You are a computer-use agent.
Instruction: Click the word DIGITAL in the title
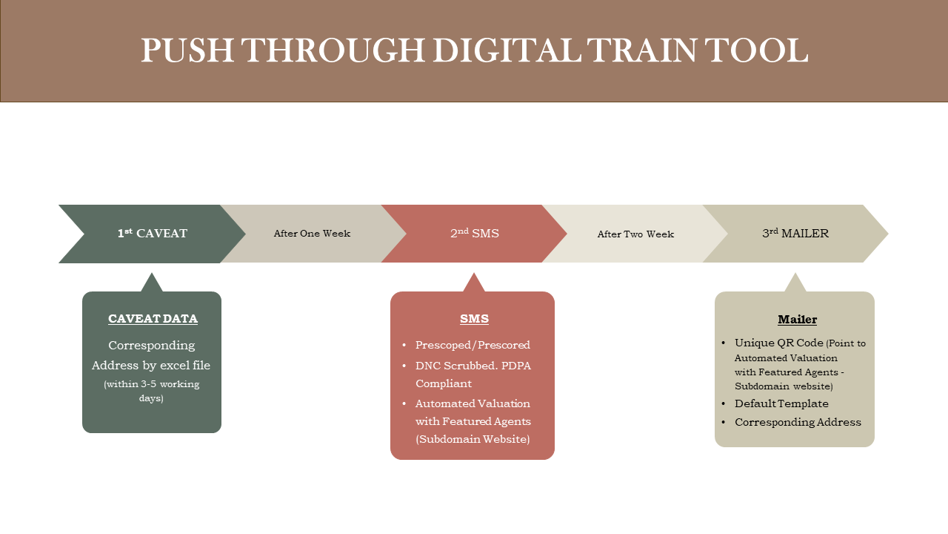pyautogui.click(x=507, y=50)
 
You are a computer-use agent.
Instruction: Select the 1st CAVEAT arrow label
pyautogui.click(x=153, y=233)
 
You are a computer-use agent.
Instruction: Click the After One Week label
pyautogui.click(x=312, y=234)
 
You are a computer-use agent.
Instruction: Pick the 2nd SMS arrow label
pyautogui.click(x=475, y=233)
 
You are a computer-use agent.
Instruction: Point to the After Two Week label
pyautogui.click(x=635, y=234)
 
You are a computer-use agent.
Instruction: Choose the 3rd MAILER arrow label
pyautogui.click(x=795, y=233)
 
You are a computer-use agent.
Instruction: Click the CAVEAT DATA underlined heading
pyautogui.click(x=153, y=319)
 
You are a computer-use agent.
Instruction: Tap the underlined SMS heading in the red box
pyautogui.click(x=474, y=319)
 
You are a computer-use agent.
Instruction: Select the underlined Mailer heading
pyautogui.click(x=798, y=319)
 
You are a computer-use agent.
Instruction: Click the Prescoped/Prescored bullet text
pyautogui.click(x=473, y=345)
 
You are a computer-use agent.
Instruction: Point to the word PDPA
pyautogui.click(x=516, y=366)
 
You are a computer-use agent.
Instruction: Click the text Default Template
pyautogui.click(x=781, y=403)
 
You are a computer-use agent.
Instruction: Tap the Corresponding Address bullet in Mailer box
pyautogui.click(x=798, y=422)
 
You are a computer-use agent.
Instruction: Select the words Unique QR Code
pyautogui.click(x=778, y=343)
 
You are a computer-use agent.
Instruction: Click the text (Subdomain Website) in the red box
pyautogui.click(x=473, y=439)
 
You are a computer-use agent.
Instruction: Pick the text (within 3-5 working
pyautogui.click(x=152, y=384)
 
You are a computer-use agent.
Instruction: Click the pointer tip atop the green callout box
pyautogui.click(x=152, y=273)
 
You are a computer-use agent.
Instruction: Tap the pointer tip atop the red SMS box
pyautogui.click(x=473, y=273)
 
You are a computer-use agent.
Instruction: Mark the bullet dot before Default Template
pyautogui.click(x=724, y=404)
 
